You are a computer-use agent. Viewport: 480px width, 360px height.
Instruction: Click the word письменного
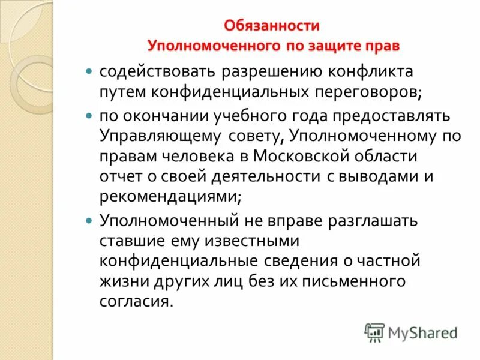pos(354,281)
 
